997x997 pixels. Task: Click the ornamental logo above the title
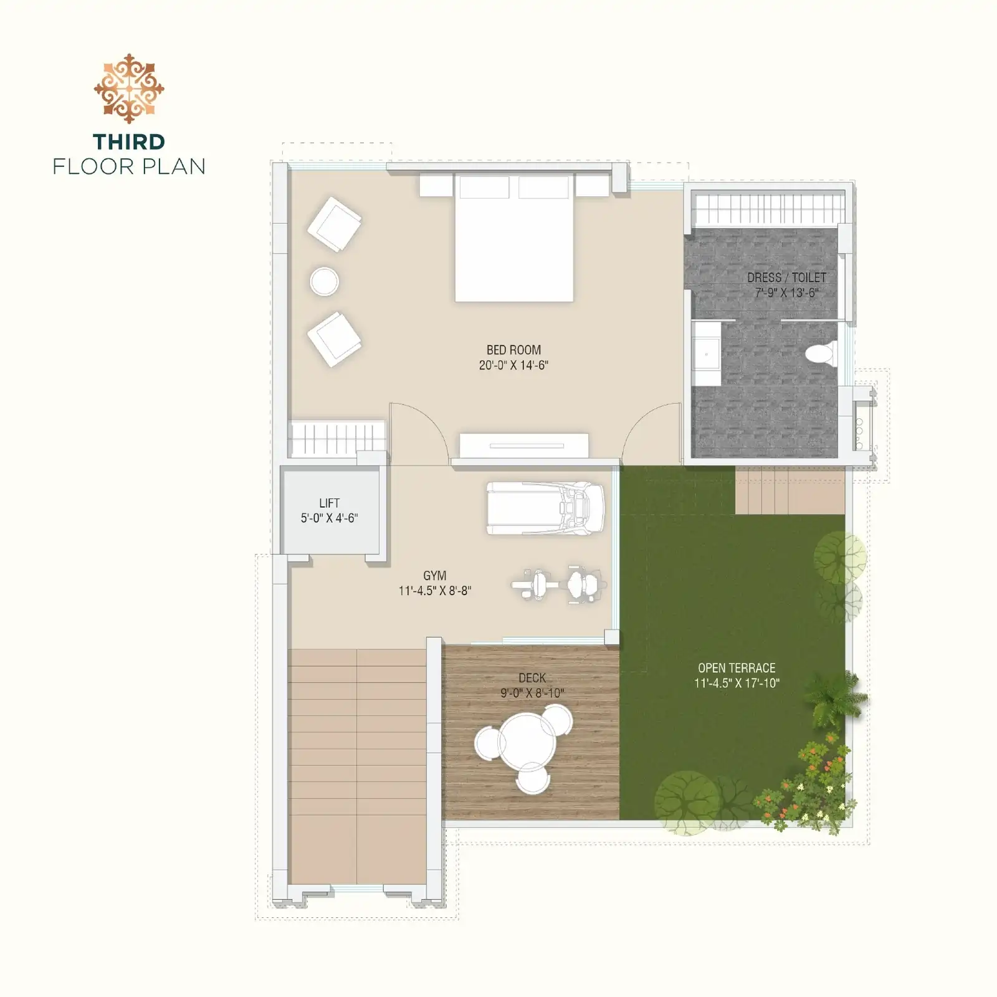tap(129, 88)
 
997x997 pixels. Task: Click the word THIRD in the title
tap(129, 142)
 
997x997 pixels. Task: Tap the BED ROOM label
tap(513, 350)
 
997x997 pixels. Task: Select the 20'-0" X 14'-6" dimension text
tap(513, 365)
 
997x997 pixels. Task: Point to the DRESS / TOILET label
tap(786, 278)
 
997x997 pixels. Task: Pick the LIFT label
tap(329, 503)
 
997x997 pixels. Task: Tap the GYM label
tap(434, 576)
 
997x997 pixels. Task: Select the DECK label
tap(532, 678)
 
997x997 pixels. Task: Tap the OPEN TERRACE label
tap(737, 668)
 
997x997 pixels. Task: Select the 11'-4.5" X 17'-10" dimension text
tap(737, 683)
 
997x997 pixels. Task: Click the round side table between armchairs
tap(324, 282)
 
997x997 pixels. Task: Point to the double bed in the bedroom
tap(514, 238)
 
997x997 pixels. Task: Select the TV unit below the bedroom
tap(524, 446)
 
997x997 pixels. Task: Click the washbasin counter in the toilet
tap(706, 354)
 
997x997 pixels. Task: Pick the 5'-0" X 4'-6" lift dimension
tap(329, 518)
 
